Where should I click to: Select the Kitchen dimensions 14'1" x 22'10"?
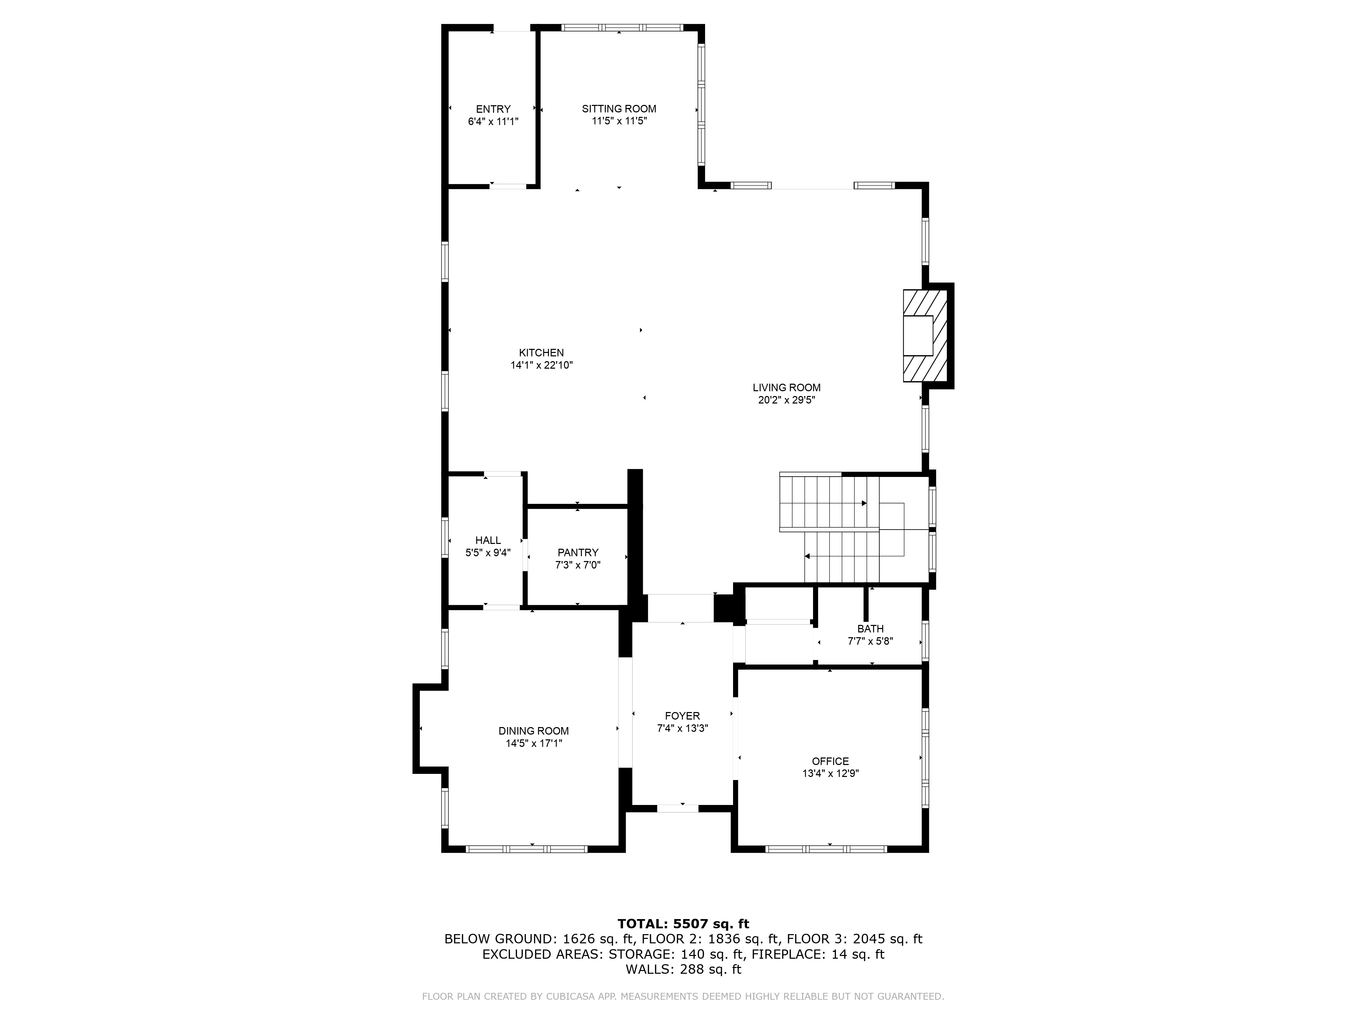coord(541,365)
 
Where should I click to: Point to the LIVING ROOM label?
coord(786,387)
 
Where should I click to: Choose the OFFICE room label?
coord(830,761)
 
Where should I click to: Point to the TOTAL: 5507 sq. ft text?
coord(683,924)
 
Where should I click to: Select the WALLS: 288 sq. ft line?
coord(683,969)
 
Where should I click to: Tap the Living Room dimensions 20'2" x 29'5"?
coord(786,400)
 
